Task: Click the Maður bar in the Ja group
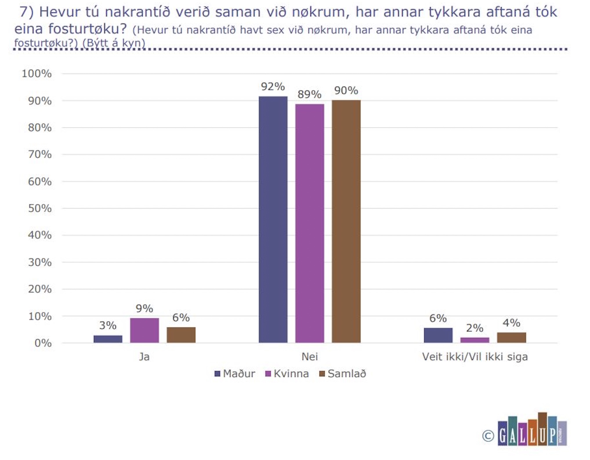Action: pos(108,339)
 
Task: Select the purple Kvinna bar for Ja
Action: pos(144,330)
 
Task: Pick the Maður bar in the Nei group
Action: pos(273,220)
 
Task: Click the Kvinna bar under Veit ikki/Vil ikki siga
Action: pos(475,340)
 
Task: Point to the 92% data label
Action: pos(273,87)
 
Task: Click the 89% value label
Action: pos(309,94)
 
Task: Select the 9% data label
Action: pos(144,308)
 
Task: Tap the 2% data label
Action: pos(475,328)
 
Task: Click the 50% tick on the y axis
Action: pos(40,209)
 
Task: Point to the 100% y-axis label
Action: pos(37,73)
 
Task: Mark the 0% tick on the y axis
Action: pos(43,343)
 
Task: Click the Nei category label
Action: pos(310,357)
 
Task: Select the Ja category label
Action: pos(144,357)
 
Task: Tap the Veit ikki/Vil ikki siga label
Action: pos(475,357)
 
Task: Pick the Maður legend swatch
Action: pos(217,374)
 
